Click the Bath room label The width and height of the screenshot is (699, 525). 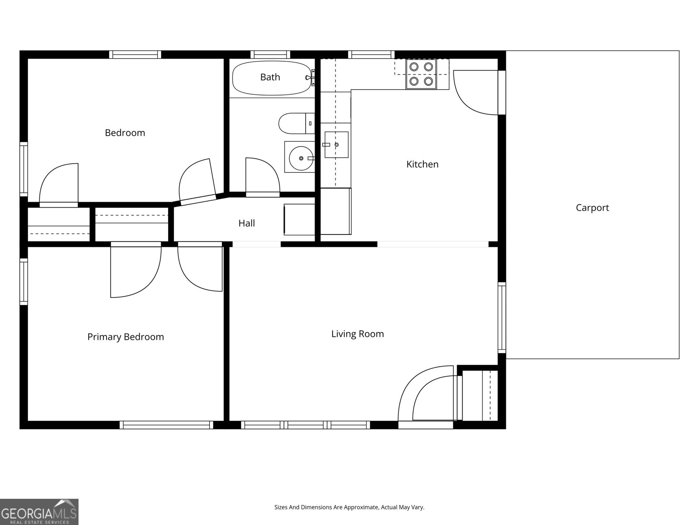[x=270, y=77]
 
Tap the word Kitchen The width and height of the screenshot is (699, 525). [x=422, y=164]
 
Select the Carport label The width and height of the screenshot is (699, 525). [x=592, y=208]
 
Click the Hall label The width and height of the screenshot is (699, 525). [x=246, y=223]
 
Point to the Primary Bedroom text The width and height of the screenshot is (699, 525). [x=125, y=337]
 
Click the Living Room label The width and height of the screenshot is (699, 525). [x=357, y=334]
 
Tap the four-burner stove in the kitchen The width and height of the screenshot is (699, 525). [x=421, y=74]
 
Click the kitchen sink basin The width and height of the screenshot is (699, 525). [x=336, y=144]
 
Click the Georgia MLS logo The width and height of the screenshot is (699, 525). [x=39, y=512]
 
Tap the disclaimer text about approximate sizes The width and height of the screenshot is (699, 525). [x=349, y=507]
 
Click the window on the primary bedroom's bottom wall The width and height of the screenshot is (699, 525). [x=166, y=425]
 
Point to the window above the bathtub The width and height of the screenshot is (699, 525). [x=270, y=55]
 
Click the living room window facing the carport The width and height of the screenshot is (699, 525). [x=502, y=318]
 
